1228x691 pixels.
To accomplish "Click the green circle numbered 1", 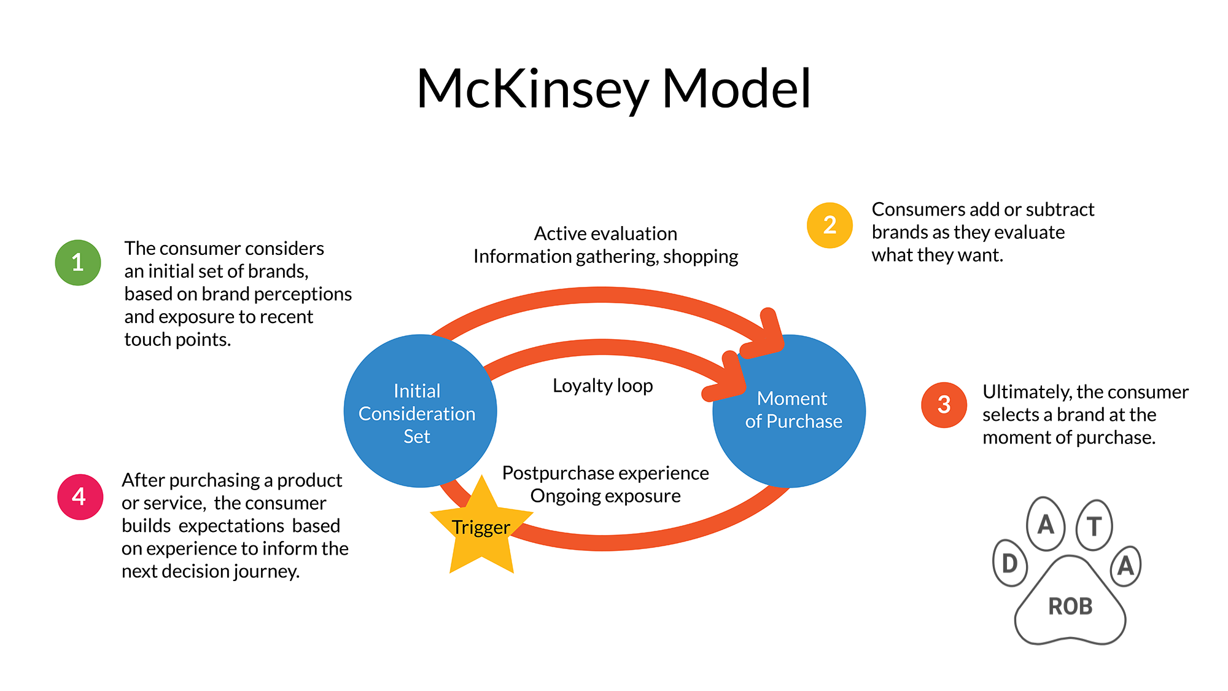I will (x=78, y=262).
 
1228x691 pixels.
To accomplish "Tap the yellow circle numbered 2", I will (x=830, y=225).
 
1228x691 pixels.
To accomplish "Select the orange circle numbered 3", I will (x=944, y=405).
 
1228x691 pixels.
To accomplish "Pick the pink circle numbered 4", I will (x=80, y=496).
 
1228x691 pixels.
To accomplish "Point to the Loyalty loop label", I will (x=602, y=386).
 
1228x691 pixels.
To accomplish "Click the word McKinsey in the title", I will (x=532, y=89).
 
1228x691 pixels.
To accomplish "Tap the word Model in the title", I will (x=736, y=89).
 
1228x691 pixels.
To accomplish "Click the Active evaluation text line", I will (x=605, y=233).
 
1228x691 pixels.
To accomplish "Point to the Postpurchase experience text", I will (x=605, y=473).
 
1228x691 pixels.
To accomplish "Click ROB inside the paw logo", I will (x=1070, y=606).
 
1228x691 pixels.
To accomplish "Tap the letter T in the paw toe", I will (x=1094, y=526).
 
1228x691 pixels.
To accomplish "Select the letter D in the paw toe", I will (x=1010, y=563).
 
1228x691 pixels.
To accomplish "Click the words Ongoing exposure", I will (x=605, y=496).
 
